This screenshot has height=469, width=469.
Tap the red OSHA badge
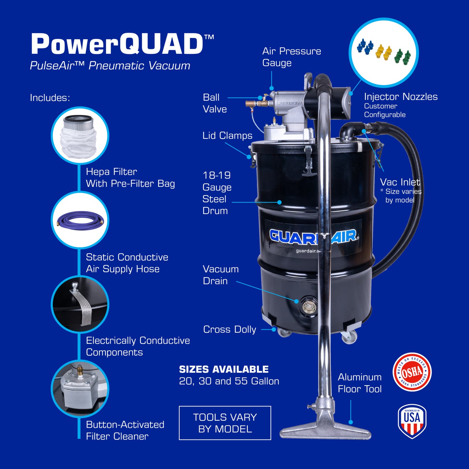(x=412, y=372)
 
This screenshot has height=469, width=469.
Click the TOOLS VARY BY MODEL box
(x=225, y=423)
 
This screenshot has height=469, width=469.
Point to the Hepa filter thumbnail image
(x=80, y=135)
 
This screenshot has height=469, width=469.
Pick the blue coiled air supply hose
(x=80, y=220)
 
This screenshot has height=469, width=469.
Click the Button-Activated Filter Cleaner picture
(x=80, y=388)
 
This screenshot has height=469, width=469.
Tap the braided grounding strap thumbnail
(x=80, y=304)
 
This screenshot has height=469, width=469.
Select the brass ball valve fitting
(x=256, y=104)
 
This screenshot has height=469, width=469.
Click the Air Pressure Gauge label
(x=291, y=57)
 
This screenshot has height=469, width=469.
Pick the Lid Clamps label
(x=227, y=136)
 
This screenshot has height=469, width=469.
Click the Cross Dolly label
(x=229, y=329)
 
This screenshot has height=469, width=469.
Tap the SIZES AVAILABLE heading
(x=224, y=369)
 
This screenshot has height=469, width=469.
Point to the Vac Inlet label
(x=400, y=182)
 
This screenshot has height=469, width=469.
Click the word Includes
(x=50, y=98)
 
